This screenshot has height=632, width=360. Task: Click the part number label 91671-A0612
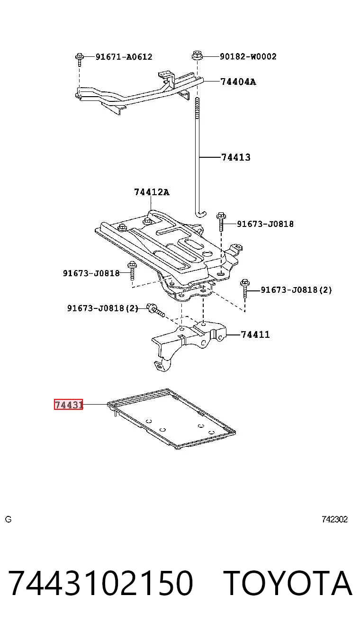click(124, 57)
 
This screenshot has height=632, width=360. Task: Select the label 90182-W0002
click(248, 56)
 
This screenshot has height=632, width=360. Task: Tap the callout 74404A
click(238, 82)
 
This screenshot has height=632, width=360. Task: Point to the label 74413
click(236, 157)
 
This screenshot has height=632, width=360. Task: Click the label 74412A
click(152, 192)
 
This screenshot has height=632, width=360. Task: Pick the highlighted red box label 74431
click(69, 405)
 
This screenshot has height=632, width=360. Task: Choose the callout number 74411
click(255, 334)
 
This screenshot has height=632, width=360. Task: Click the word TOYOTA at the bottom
click(288, 583)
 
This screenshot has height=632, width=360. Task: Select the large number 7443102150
click(101, 583)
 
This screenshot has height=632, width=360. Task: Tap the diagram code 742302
click(334, 519)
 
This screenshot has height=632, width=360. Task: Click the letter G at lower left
click(9, 519)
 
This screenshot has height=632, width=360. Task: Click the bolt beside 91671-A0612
click(80, 59)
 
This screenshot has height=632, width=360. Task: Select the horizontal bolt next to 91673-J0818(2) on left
click(155, 310)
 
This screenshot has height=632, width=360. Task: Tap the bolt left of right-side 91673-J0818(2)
click(245, 289)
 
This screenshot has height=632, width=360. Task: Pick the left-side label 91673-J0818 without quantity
click(91, 273)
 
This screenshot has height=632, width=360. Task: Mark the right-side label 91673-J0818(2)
click(296, 290)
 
